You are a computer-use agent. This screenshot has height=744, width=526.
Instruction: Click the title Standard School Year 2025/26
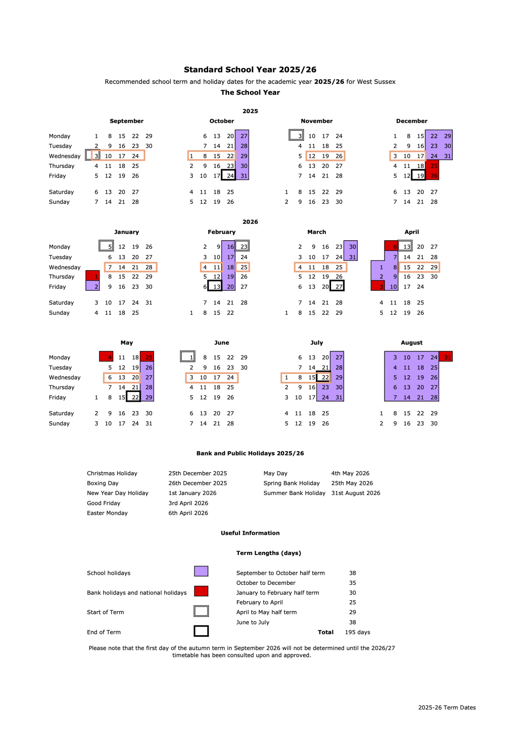[x=250, y=70]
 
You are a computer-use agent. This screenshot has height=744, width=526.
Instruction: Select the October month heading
[x=221, y=121]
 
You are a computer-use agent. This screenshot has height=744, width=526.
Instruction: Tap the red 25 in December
[x=434, y=166]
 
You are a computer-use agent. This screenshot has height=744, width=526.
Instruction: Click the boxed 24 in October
[x=229, y=176]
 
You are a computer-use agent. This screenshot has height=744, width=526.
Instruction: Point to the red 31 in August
[x=447, y=357]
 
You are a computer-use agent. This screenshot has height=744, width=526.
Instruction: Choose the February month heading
[x=221, y=232]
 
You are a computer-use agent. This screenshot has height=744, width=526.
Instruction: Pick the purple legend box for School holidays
[x=201, y=571]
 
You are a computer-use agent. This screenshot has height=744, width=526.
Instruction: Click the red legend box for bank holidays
[x=201, y=591]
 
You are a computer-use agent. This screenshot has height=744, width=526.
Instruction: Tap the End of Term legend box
[x=201, y=631]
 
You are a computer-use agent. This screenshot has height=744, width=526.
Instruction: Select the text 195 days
[x=357, y=632]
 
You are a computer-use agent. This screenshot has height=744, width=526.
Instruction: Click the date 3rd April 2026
[x=188, y=503]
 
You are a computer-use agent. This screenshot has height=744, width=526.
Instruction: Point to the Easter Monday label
[x=107, y=513]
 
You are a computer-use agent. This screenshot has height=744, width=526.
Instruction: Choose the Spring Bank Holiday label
[x=291, y=483]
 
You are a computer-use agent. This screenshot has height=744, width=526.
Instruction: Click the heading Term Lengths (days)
[x=269, y=553]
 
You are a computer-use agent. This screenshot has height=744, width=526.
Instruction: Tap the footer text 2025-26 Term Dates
[x=447, y=708]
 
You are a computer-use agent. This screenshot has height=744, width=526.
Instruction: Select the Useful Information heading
[x=250, y=533]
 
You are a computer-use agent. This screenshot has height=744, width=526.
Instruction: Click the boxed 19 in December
[x=419, y=176]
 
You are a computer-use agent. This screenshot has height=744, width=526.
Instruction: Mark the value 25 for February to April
[x=352, y=602]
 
